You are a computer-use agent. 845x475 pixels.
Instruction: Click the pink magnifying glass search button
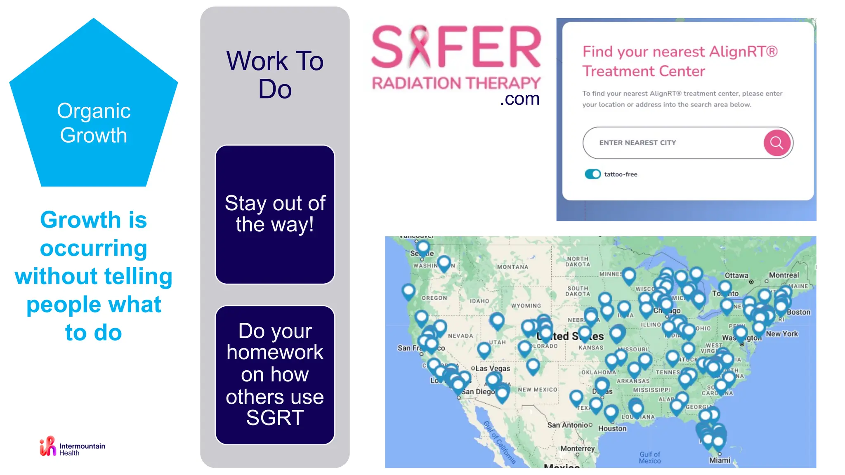pyautogui.click(x=777, y=143)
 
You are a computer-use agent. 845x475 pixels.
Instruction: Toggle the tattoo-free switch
pyautogui.click(x=592, y=174)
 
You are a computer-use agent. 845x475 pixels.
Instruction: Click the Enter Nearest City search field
pyautogui.click(x=673, y=143)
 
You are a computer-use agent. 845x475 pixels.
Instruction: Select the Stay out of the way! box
pyautogui.click(x=275, y=214)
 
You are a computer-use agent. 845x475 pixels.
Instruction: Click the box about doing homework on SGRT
pyautogui.click(x=275, y=374)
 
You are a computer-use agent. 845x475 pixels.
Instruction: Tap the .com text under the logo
pyautogui.click(x=519, y=99)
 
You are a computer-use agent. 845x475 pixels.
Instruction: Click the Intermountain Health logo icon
pyautogui.click(x=48, y=446)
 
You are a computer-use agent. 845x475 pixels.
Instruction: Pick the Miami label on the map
pyautogui.click(x=720, y=460)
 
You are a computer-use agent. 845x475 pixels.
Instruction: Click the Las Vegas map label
pyautogui.click(x=493, y=368)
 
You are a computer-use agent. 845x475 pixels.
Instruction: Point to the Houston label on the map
pyautogui.click(x=612, y=428)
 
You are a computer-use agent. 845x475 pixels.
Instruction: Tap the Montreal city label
pyautogui.click(x=784, y=275)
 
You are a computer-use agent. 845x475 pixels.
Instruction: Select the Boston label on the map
pyautogui.click(x=798, y=312)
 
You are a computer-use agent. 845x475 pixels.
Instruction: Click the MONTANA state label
pyautogui.click(x=512, y=267)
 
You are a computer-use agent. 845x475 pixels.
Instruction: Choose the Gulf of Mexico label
pyautogui.click(x=650, y=457)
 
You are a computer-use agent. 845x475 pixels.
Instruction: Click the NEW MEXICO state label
pyautogui.click(x=537, y=390)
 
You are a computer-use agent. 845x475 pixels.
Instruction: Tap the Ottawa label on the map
pyautogui.click(x=736, y=275)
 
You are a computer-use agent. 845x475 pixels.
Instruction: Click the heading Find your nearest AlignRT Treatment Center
pyautogui.click(x=680, y=61)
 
